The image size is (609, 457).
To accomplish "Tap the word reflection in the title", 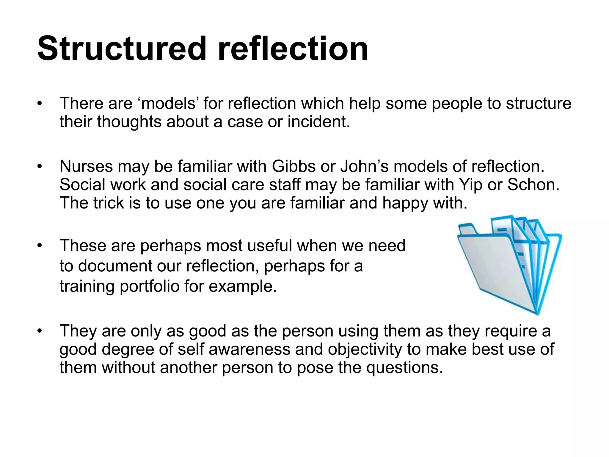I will (293, 48).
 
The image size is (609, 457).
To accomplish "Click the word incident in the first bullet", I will (318, 122).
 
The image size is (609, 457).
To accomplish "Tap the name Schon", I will (533, 185).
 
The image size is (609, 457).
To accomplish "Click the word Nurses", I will (86, 166).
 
